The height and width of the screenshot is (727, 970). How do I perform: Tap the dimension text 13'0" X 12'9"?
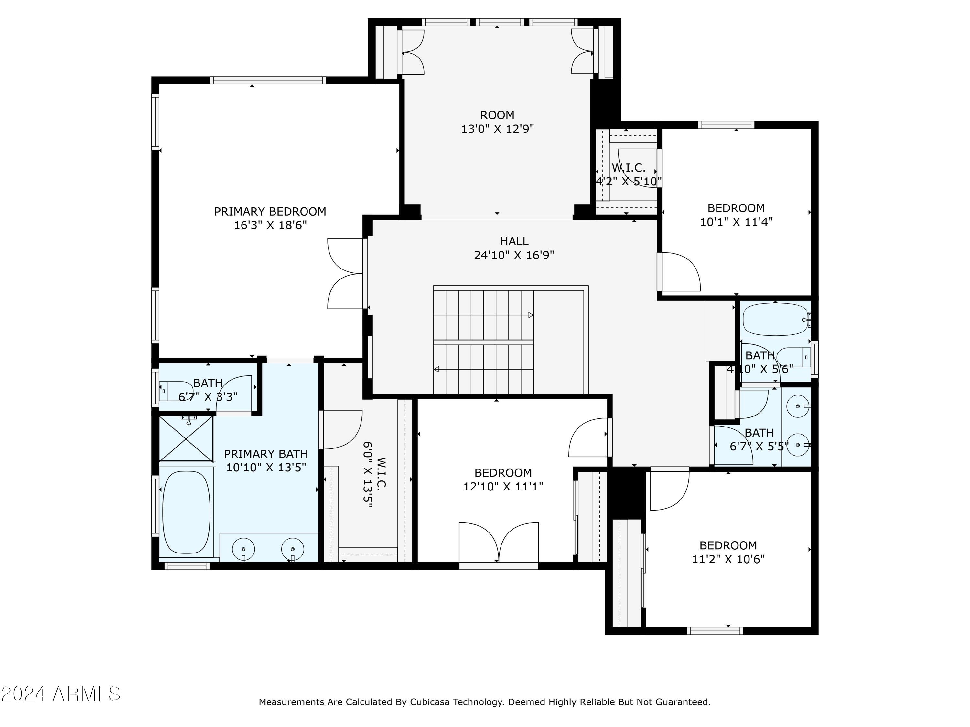pyautogui.click(x=497, y=129)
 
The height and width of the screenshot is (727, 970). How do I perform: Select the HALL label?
pyautogui.click(x=514, y=241)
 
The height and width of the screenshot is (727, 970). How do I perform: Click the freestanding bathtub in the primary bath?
pyautogui.click(x=186, y=512)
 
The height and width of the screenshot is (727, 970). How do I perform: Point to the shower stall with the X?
pyautogui.click(x=186, y=439)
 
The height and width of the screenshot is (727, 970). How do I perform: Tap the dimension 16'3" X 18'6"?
pyautogui.click(x=270, y=225)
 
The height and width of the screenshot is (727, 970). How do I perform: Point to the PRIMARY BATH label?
pyautogui.click(x=266, y=454)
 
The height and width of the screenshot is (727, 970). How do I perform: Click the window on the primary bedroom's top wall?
pyautogui.click(x=268, y=80)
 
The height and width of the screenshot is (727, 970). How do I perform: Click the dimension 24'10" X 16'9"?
pyautogui.click(x=514, y=255)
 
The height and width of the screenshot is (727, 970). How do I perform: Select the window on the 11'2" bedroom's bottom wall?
pyautogui.click(x=715, y=631)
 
